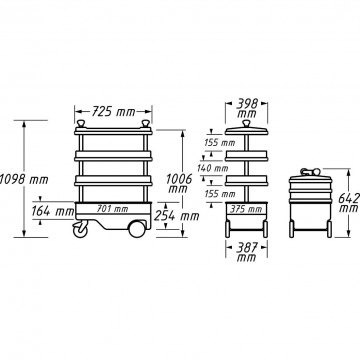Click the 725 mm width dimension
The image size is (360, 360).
(113, 112)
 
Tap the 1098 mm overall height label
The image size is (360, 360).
(24, 180)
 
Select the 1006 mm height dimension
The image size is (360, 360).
(179, 183)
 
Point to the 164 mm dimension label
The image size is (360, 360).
(53, 211)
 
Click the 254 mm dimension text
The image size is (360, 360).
(177, 216)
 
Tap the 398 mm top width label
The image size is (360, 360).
(247, 108)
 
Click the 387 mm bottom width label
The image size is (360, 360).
(246, 252)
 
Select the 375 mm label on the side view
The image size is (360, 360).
(246, 209)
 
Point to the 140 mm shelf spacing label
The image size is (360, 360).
(213, 168)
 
